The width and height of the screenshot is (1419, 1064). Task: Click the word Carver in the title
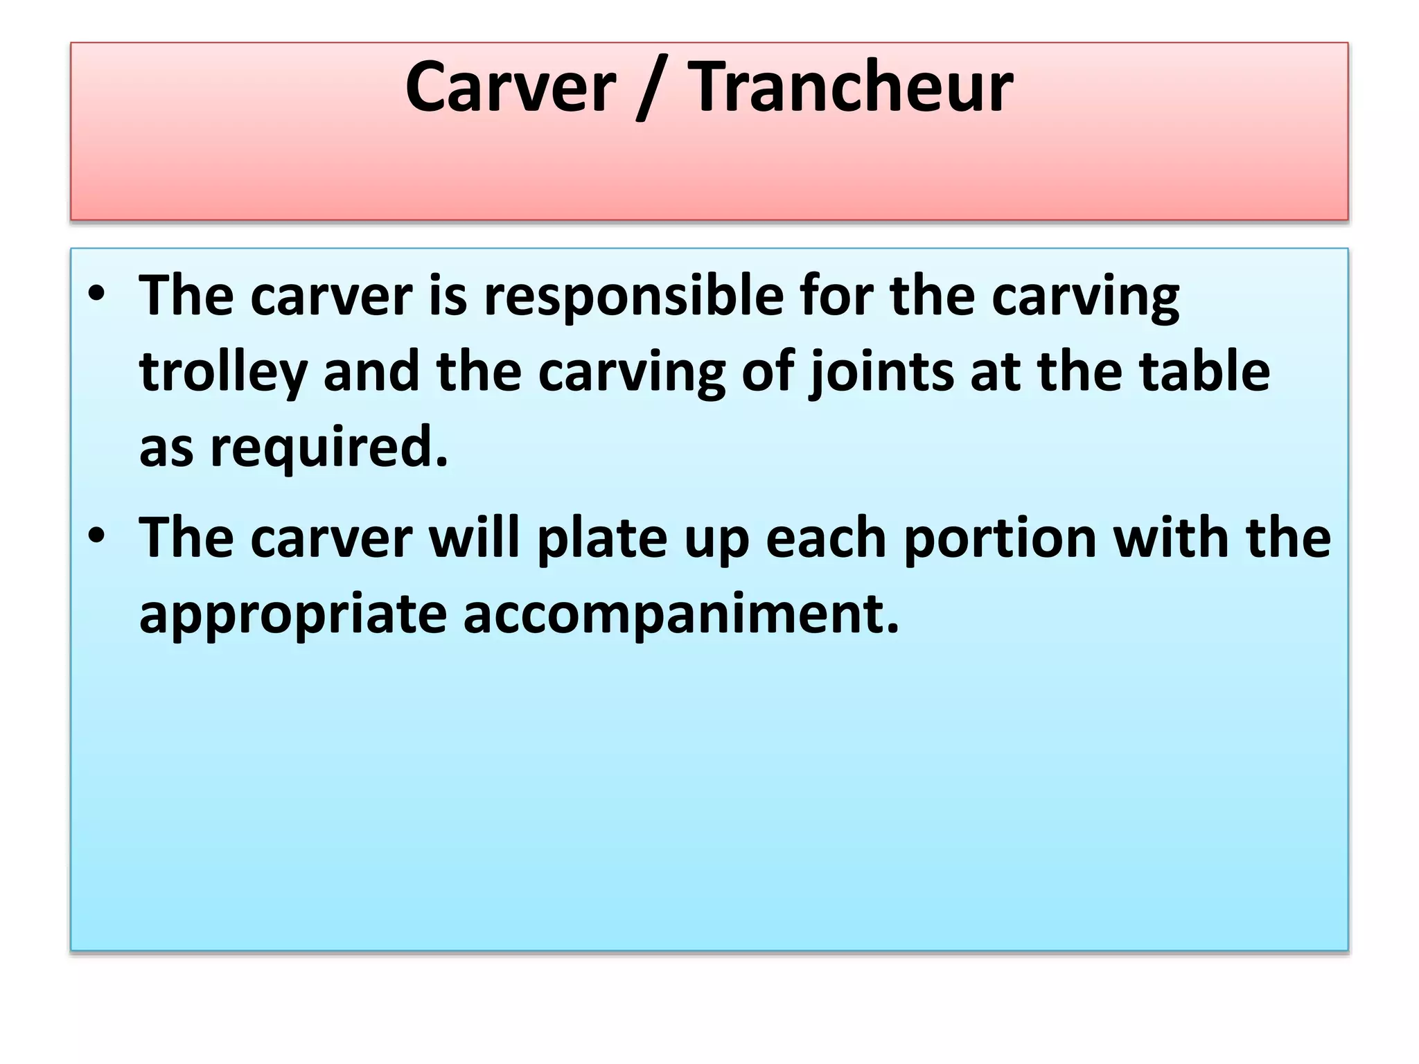(x=510, y=87)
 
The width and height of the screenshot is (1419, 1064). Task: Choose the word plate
(x=602, y=540)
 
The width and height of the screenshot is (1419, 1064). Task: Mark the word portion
(x=1001, y=540)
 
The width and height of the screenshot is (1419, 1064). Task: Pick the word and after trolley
(x=371, y=371)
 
